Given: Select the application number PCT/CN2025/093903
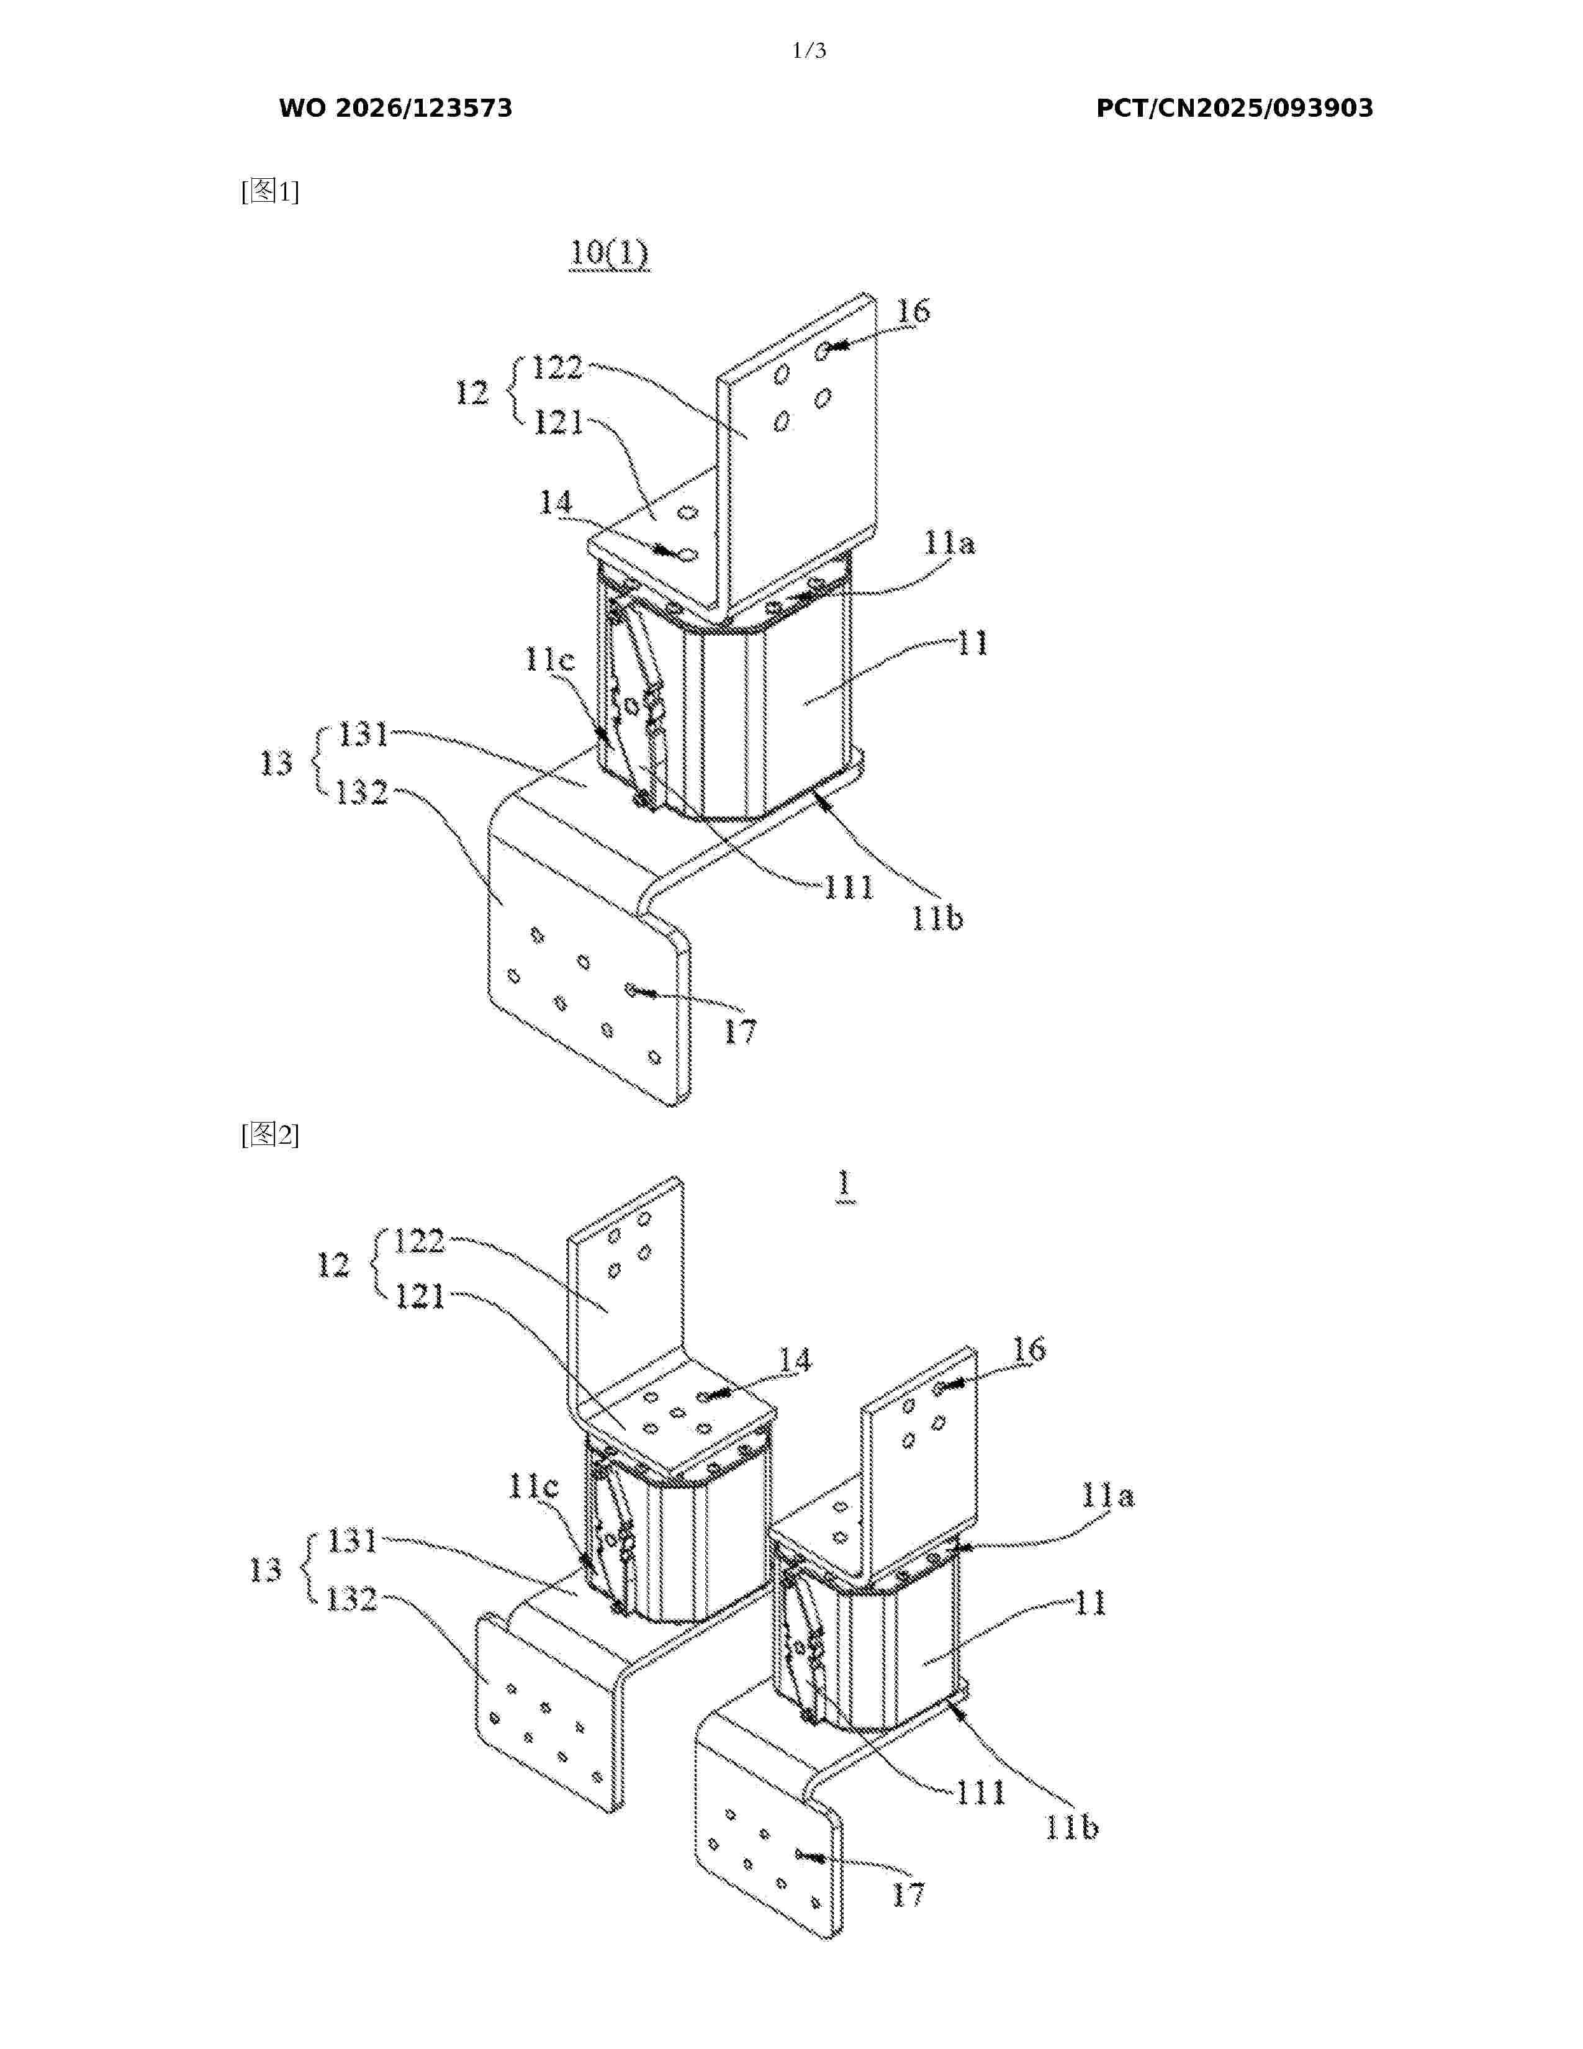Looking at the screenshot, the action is pos(1234,108).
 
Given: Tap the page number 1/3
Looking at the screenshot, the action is pos(810,51).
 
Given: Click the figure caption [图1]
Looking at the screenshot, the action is pos(270,191).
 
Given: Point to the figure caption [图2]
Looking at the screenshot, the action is pos(270,1135).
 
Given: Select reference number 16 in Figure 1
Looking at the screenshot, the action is pos(913,310).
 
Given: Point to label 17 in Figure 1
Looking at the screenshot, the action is pos(740,1032).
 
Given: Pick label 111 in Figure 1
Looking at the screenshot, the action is pos(849,887).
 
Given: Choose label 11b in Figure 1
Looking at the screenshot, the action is pos(938,918).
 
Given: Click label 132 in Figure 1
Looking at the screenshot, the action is pos(362,793).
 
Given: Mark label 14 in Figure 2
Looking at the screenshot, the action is pos(795,1360).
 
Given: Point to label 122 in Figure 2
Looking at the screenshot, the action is pos(419,1241).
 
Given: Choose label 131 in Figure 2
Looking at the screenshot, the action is pos(351,1540).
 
